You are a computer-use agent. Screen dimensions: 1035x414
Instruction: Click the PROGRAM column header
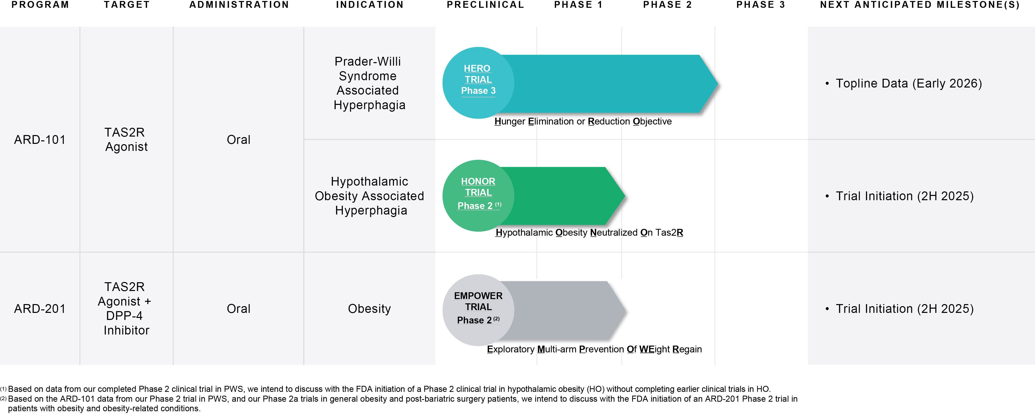[x=40, y=5]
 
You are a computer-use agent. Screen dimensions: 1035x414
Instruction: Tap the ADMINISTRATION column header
[x=239, y=5]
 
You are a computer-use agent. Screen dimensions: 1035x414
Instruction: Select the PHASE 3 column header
[x=760, y=5]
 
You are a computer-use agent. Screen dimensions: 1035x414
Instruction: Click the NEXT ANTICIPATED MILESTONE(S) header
[x=920, y=5]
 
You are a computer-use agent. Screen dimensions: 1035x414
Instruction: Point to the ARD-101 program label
[x=40, y=140]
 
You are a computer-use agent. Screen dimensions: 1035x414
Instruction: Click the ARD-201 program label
[x=40, y=309]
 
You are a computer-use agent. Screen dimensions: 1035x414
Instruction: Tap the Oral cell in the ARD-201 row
[x=238, y=309]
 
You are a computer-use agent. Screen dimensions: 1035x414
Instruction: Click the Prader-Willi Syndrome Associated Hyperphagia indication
[x=369, y=83]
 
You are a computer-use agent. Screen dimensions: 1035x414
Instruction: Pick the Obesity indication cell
[x=369, y=309]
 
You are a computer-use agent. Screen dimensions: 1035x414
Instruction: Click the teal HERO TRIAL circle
[x=478, y=83]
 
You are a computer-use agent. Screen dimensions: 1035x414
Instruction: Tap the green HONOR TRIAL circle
[x=478, y=196]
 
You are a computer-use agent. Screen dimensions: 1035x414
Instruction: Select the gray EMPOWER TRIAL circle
[x=478, y=310]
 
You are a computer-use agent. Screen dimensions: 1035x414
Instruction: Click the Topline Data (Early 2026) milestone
[x=909, y=84]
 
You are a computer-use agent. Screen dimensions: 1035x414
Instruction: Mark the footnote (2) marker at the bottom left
[x=3, y=399]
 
